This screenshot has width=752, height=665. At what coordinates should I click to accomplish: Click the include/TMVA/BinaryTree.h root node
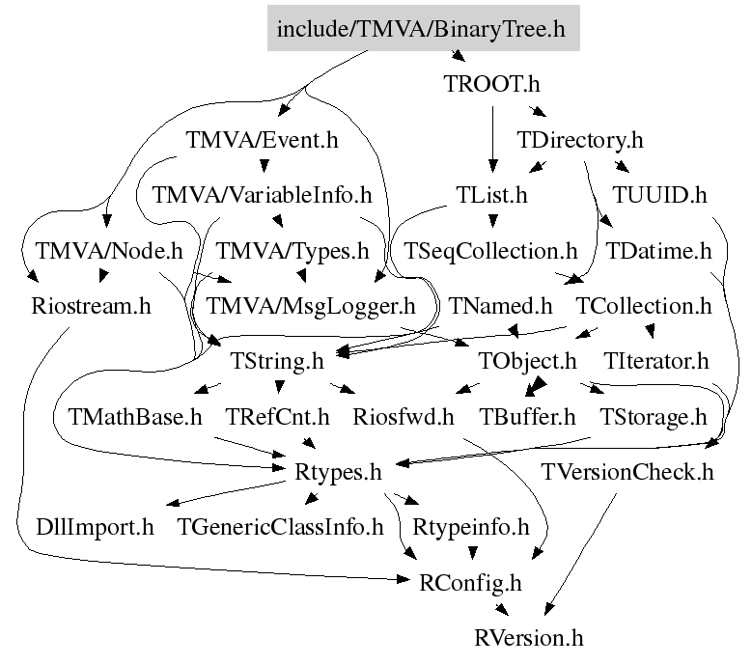point(424,29)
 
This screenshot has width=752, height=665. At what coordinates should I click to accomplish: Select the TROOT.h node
point(492,84)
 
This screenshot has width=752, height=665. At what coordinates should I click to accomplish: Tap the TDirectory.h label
point(580,140)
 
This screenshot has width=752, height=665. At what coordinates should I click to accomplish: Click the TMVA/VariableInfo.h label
point(262,196)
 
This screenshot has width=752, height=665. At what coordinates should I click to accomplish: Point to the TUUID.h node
point(660,196)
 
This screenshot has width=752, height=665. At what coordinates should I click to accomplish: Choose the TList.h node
point(492,196)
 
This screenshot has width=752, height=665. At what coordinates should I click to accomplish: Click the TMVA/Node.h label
point(108,252)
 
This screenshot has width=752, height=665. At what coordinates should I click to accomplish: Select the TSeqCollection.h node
point(490,252)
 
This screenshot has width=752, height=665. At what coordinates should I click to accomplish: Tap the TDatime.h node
point(658,252)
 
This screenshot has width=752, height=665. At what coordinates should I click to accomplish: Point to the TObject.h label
point(528,362)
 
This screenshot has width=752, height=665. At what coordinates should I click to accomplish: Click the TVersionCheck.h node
point(627,473)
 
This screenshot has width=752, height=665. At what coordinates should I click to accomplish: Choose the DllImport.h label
point(95,528)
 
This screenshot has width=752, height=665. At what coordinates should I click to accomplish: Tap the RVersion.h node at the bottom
point(529,638)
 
